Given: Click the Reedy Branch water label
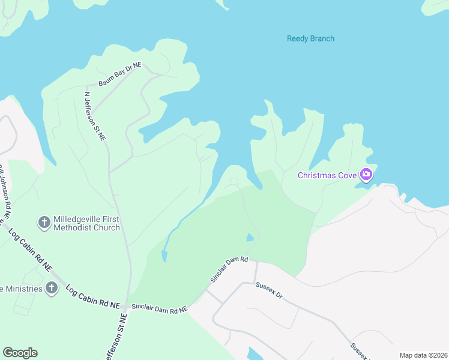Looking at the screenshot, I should tap(310, 39).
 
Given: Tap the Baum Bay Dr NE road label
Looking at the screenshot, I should tap(120, 75).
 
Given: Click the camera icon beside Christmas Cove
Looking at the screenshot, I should tap(366, 175).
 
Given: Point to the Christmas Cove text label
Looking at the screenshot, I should tap(327, 176).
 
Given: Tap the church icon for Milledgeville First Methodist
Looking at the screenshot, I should tap(44, 223).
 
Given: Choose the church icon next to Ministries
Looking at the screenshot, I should tap(52, 289).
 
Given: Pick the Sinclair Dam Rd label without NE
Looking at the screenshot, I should tap(229, 270).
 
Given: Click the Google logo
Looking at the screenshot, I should tap(20, 353).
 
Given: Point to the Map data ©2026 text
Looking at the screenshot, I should tap(423, 355).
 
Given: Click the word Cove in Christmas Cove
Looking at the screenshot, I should tap(346, 176).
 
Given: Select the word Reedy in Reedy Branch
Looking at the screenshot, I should tap(298, 39).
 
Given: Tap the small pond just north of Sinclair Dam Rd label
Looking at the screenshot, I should tap(250, 238).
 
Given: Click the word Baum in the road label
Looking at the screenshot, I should tap(106, 79).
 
